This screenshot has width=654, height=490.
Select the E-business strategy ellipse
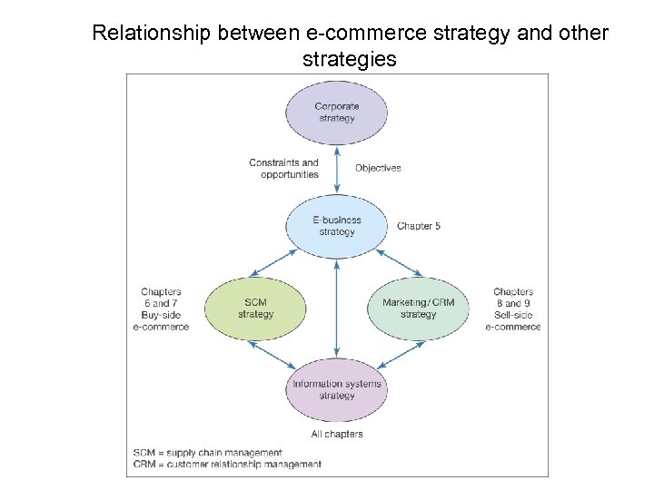[x=337, y=225]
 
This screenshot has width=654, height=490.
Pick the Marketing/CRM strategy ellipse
[x=418, y=309]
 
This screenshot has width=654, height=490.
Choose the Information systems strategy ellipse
[x=337, y=389]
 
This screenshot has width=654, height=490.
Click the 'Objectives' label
[x=378, y=168]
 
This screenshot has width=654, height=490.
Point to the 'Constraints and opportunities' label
[x=283, y=169]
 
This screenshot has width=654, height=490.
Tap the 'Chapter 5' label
[x=419, y=226]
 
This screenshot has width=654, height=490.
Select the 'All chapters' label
[x=337, y=434]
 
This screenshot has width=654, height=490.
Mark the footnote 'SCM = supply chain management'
[x=207, y=452]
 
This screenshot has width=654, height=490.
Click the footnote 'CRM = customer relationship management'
[x=226, y=465]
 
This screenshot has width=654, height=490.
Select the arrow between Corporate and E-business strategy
[x=337, y=169]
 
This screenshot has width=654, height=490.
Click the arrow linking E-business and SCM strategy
[x=268, y=262]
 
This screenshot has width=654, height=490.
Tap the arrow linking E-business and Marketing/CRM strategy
[x=405, y=262]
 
